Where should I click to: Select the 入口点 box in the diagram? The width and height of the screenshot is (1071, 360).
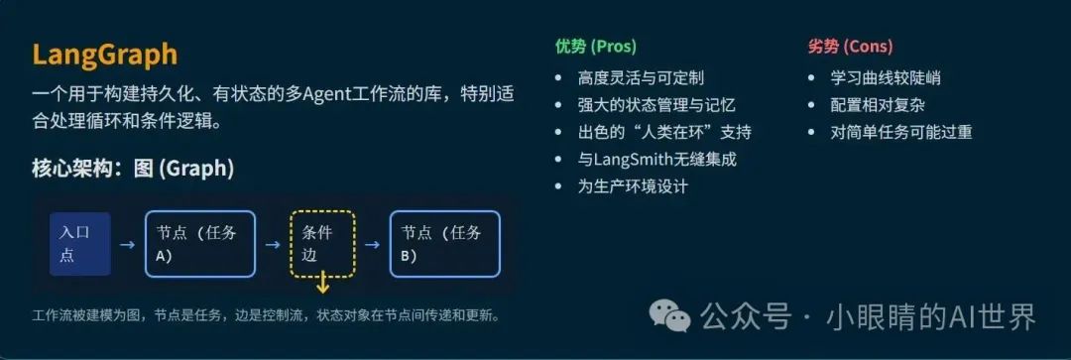tap(79, 244)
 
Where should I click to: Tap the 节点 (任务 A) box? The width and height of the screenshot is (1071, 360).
tap(200, 244)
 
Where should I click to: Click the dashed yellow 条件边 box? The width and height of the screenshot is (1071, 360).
tap(321, 244)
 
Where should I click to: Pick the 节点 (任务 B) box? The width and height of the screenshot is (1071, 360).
tap(444, 244)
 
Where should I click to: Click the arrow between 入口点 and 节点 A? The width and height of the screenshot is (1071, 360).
tap(127, 244)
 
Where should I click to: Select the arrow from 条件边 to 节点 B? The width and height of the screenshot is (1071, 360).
tap(372, 244)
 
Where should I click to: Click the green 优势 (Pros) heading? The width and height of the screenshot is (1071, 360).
tap(595, 47)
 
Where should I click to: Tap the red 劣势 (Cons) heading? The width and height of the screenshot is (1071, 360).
tap(850, 47)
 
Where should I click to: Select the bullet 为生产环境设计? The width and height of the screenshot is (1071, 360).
tap(633, 186)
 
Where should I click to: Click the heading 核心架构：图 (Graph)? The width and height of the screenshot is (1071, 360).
tap(133, 169)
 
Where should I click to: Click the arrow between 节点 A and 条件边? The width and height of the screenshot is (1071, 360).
tap(273, 244)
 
